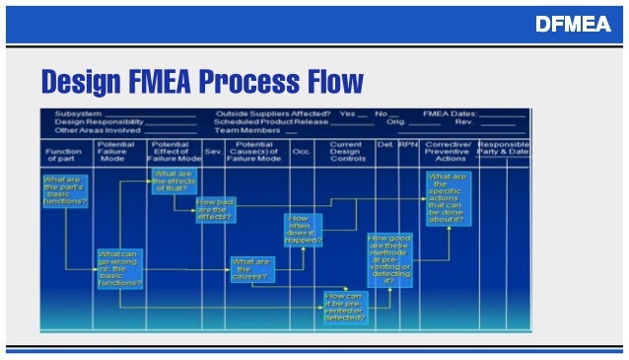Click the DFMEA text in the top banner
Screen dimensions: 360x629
coord(572,24)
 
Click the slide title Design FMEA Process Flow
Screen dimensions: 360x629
coord(201,80)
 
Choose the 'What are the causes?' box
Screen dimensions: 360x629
coord(250,268)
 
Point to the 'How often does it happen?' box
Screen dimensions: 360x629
coord(303,230)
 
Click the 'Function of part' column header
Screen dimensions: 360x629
coord(66,154)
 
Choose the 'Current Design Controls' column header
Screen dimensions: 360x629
coord(347,150)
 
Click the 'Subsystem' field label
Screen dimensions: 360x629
coord(73,113)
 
